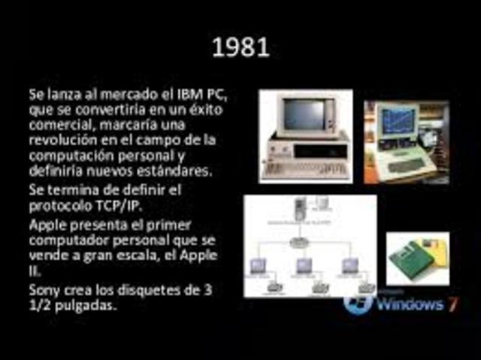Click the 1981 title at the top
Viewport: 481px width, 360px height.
[x=240, y=48]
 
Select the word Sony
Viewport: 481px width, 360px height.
[x=44, y=289]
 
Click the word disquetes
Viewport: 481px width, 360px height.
[x=141, y=289]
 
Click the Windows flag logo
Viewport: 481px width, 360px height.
[x=359, y=303]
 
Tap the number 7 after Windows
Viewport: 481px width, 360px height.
[x=452, y=304]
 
